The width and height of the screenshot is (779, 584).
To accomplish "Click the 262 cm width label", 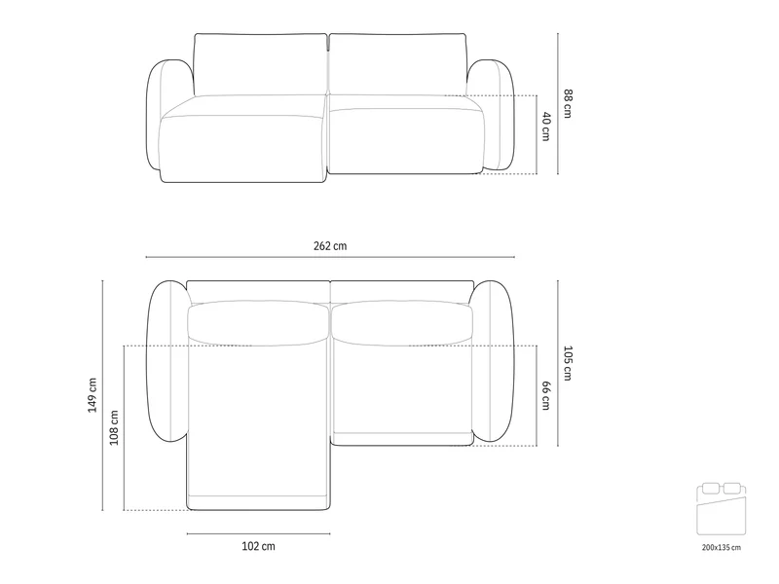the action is pos(330,246).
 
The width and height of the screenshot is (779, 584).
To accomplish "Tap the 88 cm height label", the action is pos(568,103).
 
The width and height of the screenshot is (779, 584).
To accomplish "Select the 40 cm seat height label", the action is pos(546,127).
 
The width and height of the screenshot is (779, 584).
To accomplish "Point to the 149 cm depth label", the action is pos(93,395).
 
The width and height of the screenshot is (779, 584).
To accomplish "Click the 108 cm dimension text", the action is pos(114,427).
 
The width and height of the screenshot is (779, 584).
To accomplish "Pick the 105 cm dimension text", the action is pos(568,363).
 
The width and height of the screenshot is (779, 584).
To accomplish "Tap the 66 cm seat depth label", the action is pos(546,395).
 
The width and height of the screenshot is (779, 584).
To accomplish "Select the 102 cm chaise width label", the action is pos(258,546).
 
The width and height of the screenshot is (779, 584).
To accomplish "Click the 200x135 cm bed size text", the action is pos(722,547).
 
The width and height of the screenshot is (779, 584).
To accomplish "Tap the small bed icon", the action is pos(722,508).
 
